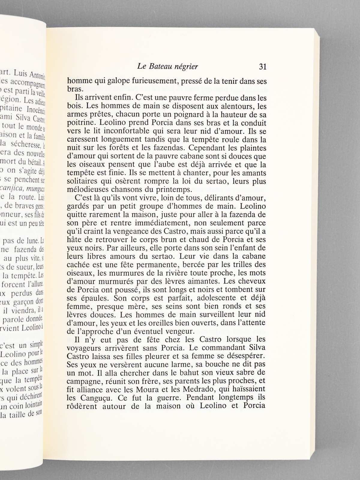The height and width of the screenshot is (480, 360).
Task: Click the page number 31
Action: [262, 67]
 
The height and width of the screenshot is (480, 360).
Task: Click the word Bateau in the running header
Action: [159, 67]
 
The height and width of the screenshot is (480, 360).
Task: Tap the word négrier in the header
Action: [186, 67]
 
